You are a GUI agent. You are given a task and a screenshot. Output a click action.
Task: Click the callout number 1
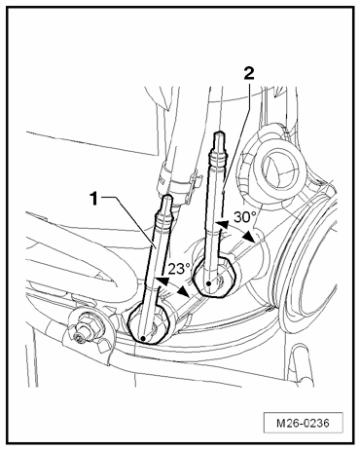[94, 198]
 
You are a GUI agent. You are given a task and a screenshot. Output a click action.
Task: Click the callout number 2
[249, 74]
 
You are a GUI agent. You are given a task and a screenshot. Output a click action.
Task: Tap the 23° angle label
[179, 269]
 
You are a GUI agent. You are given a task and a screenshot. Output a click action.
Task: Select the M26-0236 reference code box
[303, 423]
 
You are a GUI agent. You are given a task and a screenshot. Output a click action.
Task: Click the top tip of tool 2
[220, 132]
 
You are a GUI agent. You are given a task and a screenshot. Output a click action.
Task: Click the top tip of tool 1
[167, 195]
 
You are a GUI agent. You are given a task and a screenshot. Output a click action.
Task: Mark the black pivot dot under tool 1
[143, 339]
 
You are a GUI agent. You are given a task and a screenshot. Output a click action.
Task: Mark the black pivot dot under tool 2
[209, 283]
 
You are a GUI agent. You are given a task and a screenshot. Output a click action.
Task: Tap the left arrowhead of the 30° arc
[223, 224]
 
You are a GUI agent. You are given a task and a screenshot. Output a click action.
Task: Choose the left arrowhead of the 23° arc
[162, 281]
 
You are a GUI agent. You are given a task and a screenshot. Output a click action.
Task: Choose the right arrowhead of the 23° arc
[185, 292]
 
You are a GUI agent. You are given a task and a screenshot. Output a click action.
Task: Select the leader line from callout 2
[236, 138]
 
